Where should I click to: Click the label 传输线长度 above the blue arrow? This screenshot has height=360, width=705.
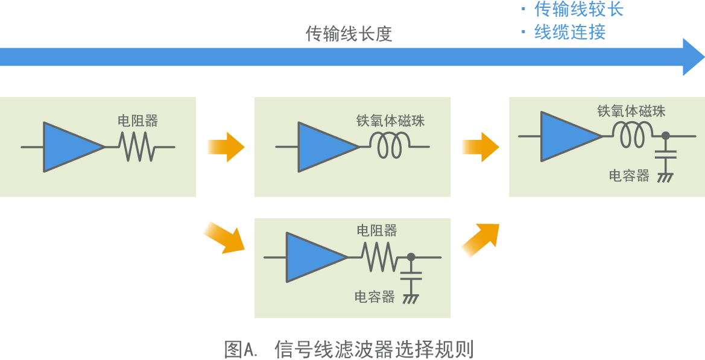click(349, 34)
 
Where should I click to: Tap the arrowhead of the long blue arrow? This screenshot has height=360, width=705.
click(692, 57)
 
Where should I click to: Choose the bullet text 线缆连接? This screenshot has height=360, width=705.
click(570, 32)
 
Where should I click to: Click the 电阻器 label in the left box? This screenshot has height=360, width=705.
click(138, 121)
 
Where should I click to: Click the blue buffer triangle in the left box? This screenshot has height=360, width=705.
click(68, 147)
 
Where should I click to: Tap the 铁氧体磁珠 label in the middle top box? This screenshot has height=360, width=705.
click(390, 121)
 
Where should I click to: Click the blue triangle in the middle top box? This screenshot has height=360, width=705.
click(323, 147)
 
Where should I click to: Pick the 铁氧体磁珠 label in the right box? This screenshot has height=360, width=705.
click(631, 111)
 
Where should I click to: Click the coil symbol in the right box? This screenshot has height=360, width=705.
click(632, 134)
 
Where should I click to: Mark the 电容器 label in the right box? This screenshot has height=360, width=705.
click(629, 175)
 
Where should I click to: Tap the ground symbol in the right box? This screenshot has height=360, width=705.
click(665, 177)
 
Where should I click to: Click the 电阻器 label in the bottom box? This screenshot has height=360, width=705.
click(377, 230)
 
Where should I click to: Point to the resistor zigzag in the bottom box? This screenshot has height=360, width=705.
click(379, 256)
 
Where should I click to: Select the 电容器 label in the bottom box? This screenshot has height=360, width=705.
click(375, 297)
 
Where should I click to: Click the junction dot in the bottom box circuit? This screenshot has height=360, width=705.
click(411, 257)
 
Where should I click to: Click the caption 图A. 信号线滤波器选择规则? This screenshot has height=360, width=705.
click(349, 349)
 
